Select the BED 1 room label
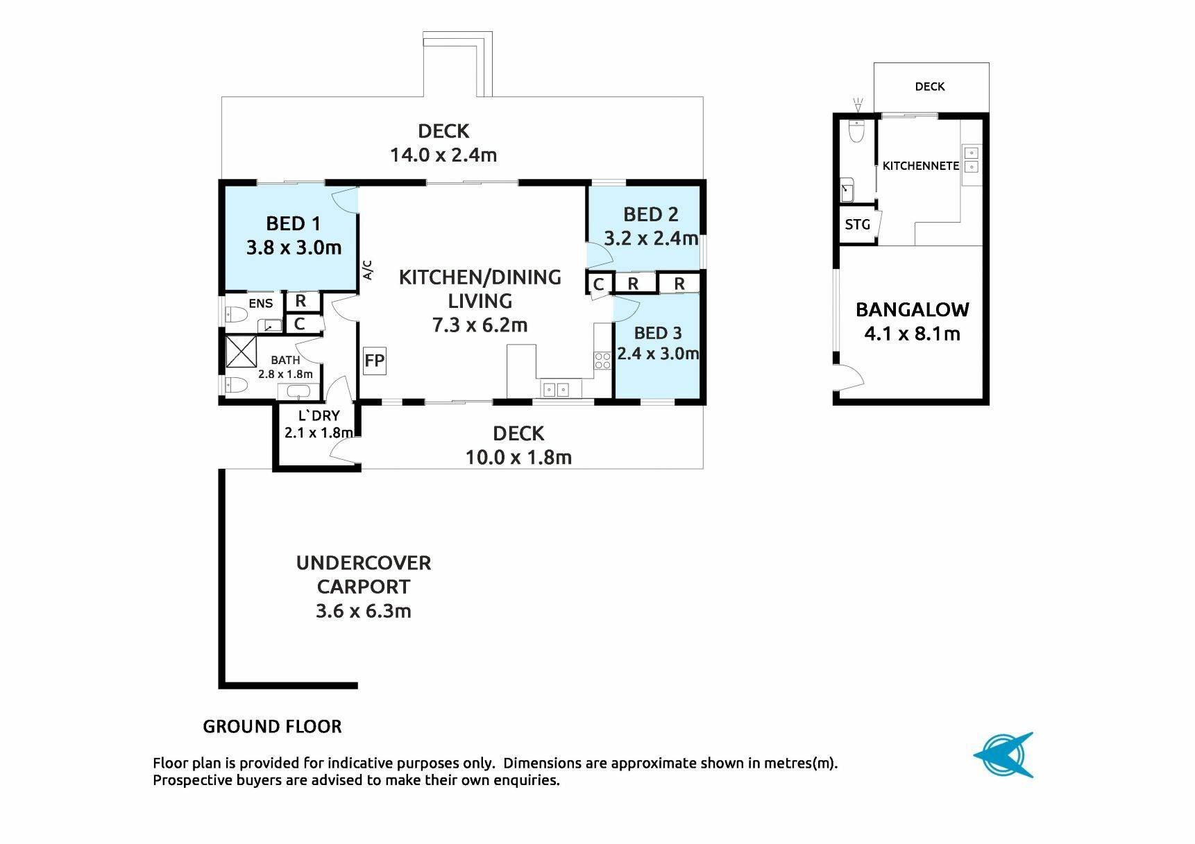pos(294,223)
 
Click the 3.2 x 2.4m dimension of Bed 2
pos(651,239)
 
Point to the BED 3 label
pos(658,333)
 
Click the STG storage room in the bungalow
pos(858,225)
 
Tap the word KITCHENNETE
pos(921,166)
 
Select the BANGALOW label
pos(913,309)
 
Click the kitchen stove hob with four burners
pos(602,360)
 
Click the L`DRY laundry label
pos(319,415)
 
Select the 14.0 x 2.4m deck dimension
pos(443,155)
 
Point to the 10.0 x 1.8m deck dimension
pos(518,457)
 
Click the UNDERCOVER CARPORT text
pos(364,574)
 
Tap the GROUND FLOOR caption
pos(272,727)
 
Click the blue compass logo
pos(1003,755)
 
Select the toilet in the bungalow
pos(857,130)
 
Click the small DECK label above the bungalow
pos(930,87)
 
